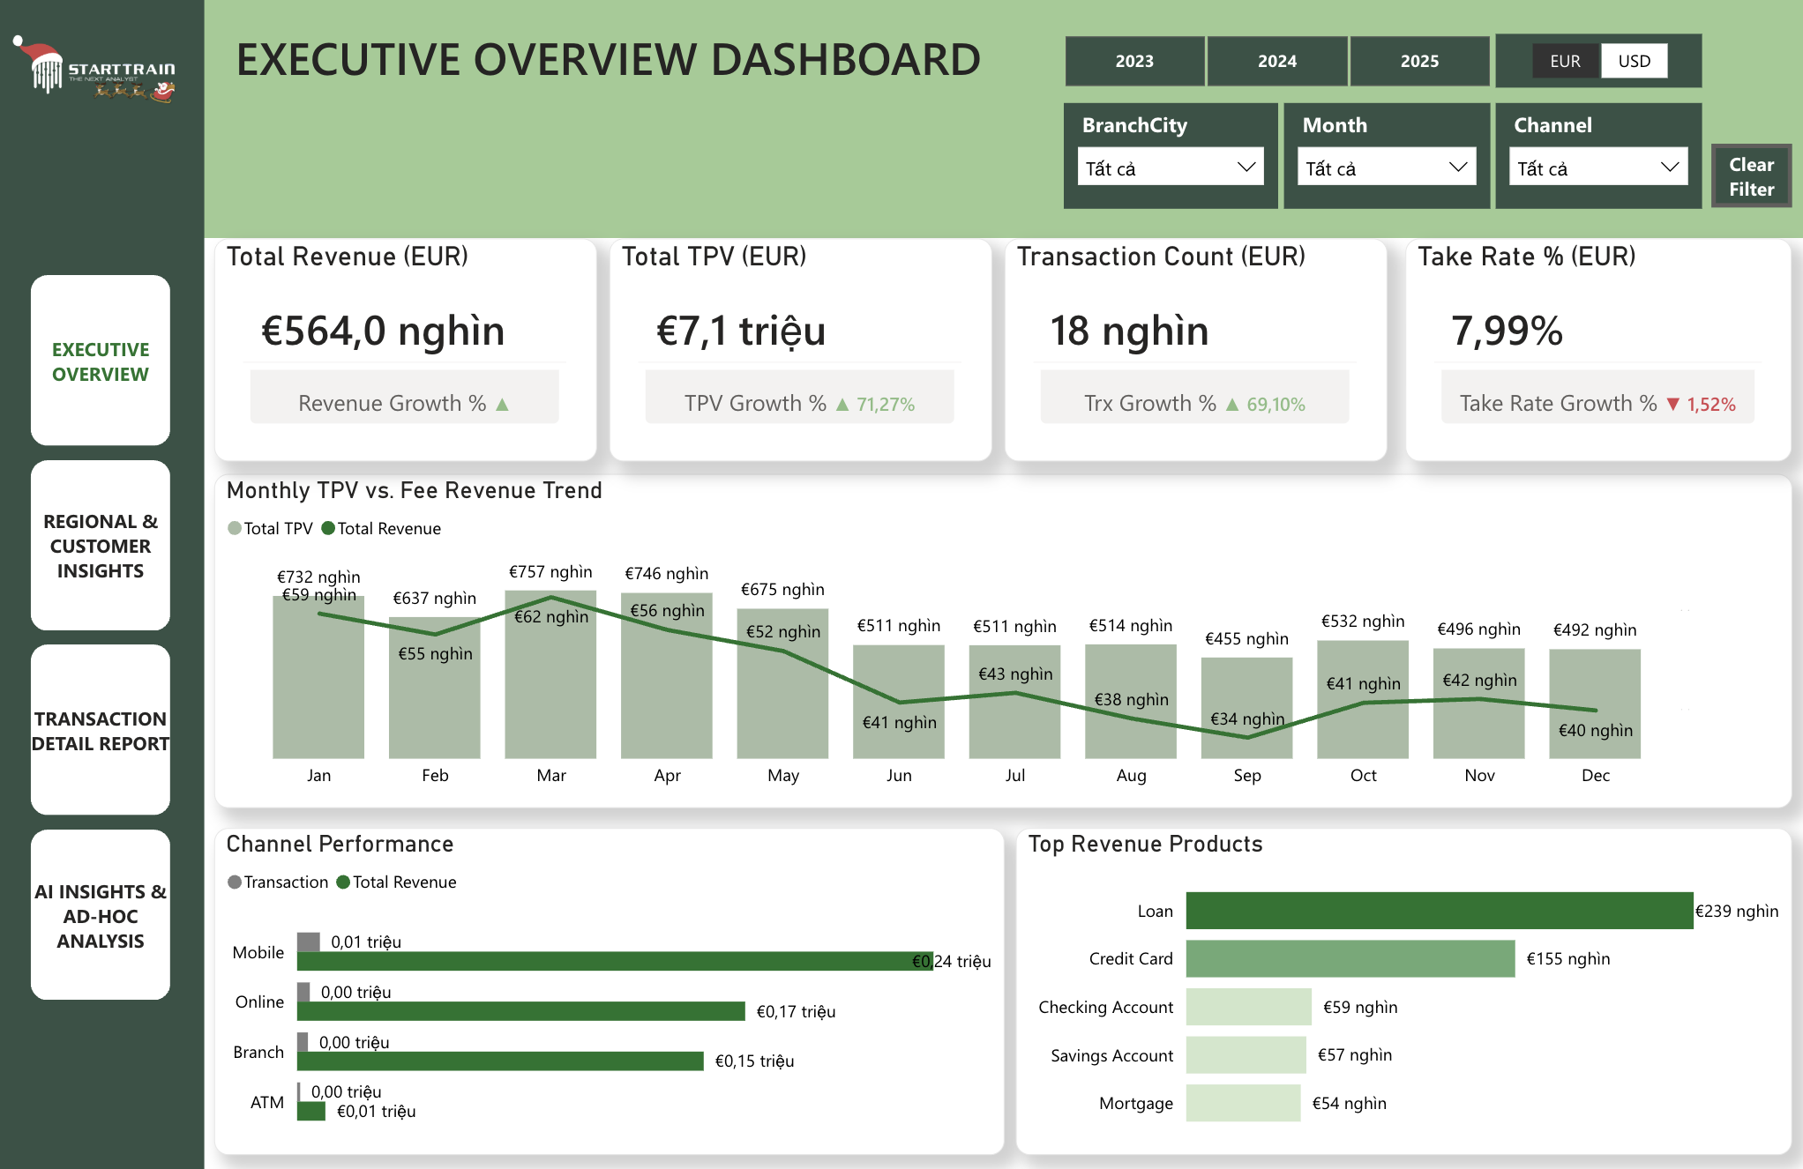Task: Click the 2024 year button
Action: click(x=1276, y=61)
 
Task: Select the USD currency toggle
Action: click(x=1634, y=61)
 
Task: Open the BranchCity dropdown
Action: click(x=1170, y=168)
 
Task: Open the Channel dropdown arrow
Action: click(x=1669, y=168)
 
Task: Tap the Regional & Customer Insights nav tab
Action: click(x=101, y=546)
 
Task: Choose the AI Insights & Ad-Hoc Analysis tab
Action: click(x=101, y=915)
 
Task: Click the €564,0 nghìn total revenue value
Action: click(x=383, y=331)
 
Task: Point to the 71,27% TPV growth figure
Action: click(x=885, y=405)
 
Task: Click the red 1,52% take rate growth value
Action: click(x=1710, y=405)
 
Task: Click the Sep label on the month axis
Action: click(x=1247, y=775)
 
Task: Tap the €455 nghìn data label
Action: click(x=1246, y=638)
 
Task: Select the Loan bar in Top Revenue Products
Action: click(x=1438, y=911)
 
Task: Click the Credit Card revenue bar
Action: click(x=1350, y=958)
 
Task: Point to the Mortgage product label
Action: click(x=1135, y=1103)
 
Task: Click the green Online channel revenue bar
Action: click(x=520, y=1011)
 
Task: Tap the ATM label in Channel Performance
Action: click(x=266, y=1102)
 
